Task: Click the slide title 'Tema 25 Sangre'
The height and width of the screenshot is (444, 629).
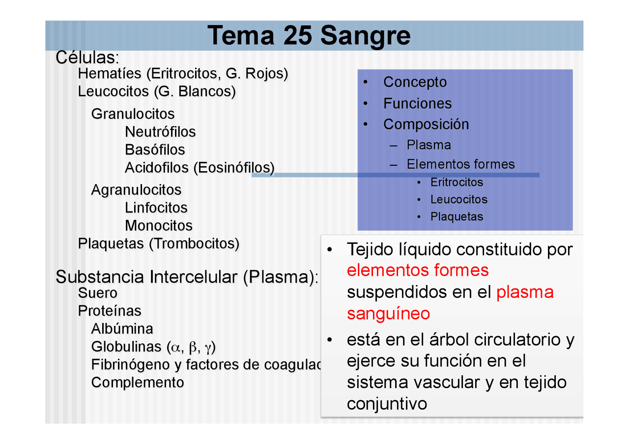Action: click(309, 36)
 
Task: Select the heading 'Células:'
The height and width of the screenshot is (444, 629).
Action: click(87, 57)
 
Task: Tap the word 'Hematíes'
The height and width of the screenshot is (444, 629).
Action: click(110, 74)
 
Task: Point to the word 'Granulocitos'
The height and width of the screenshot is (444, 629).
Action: click(133, 114)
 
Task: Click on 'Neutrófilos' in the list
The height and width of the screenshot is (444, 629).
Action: click(160, 132)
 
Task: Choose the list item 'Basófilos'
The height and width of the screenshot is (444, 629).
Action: click(155, 150)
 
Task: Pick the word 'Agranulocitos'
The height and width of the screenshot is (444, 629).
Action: click(136, 190)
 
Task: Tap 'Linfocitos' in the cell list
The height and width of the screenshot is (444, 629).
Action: click(156, 208)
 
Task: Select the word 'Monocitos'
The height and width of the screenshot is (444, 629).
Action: click(158, 226)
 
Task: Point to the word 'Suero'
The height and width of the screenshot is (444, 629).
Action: click(98, 293)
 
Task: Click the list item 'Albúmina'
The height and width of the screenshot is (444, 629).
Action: click(122, 329)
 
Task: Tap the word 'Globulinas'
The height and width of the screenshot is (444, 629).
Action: click(126, 347)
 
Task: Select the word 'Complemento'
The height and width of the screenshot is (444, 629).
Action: click(138, 382)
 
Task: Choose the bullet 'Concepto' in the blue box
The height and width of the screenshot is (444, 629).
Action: click(415, 82)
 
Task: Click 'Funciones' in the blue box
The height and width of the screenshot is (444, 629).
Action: click(417, 104)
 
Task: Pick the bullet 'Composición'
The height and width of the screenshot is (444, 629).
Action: click(426, 124)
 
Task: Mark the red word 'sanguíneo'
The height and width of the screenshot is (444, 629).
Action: click(388, 313)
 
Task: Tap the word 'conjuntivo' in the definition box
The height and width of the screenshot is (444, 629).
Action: click(387, 404)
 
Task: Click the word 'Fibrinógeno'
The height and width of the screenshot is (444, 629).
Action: click(131, 365)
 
